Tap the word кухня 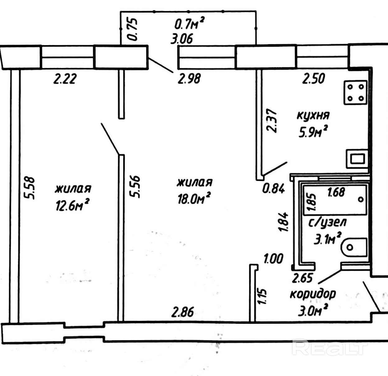click(313, 115)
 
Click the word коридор click(313, 294)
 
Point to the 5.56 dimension click(136, 187)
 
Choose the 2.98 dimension click(189, 78)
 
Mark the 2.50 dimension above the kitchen click(314, 78)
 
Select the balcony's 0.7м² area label click(189, 23)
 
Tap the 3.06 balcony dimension click(182, 39)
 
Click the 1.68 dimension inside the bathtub click(336, 192)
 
